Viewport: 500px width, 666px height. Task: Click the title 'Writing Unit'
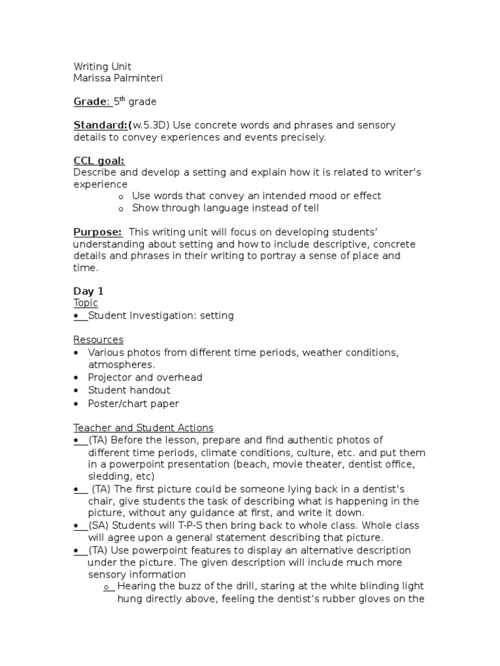click(102, 66)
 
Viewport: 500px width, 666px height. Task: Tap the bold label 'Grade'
click(90, 101)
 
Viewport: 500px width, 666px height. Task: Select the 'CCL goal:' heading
click(99, 161)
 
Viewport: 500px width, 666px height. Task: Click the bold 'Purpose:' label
click(98, 232)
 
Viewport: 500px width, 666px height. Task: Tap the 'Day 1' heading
click(88, 291)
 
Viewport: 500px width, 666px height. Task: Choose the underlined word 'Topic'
click(85, 303)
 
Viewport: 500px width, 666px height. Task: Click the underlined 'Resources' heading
click(98, 340)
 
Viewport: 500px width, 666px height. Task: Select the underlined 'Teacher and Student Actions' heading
click(143, 428)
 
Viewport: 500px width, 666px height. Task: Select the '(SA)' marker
click(99, 526)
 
